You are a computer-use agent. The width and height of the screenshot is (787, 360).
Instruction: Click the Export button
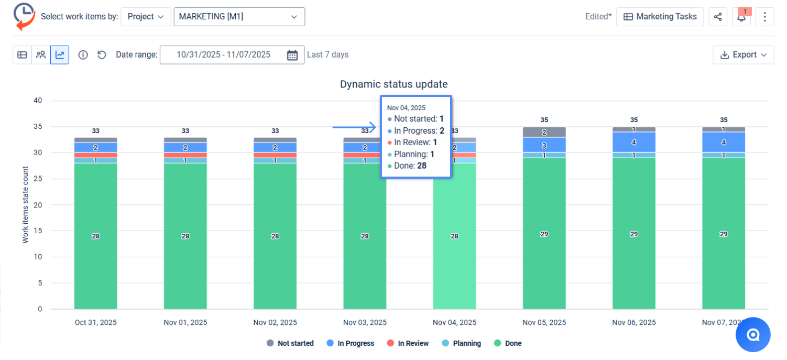coord(743,55)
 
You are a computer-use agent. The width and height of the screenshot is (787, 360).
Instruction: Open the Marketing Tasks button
coord(660,17)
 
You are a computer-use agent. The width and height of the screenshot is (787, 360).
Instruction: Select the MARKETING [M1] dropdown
coord(239,17)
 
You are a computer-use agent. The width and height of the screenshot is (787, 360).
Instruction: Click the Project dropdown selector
coord(145,17)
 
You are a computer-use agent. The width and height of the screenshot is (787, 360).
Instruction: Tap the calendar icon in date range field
coord(292,55)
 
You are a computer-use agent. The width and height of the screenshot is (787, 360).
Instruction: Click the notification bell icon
coord(741,17)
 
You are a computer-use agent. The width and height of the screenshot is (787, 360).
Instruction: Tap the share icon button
coord(717,17)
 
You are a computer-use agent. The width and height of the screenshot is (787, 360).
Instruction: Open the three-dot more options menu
coord(764,17)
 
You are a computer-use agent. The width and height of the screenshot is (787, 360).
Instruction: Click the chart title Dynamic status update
coord(393,84)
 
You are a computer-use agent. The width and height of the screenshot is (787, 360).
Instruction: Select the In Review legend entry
coord(408,344)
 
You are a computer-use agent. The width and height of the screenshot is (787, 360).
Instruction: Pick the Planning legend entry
coord(461,344)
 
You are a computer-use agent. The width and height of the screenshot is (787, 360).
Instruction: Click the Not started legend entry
coord(290,344)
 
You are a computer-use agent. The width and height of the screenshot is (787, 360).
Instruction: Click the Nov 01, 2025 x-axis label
coord(185,323)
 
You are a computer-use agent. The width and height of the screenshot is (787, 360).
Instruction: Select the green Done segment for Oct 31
coord(95,236)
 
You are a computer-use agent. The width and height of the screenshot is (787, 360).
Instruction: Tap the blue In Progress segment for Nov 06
coord(633,142)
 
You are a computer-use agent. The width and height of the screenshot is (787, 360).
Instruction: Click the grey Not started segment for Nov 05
coord(544,132)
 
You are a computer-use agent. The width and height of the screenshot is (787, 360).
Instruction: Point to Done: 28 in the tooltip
coord(407,166)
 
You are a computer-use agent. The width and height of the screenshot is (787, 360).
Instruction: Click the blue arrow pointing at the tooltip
coord(354,127)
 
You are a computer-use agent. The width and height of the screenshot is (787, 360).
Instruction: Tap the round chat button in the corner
coord(753,334)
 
